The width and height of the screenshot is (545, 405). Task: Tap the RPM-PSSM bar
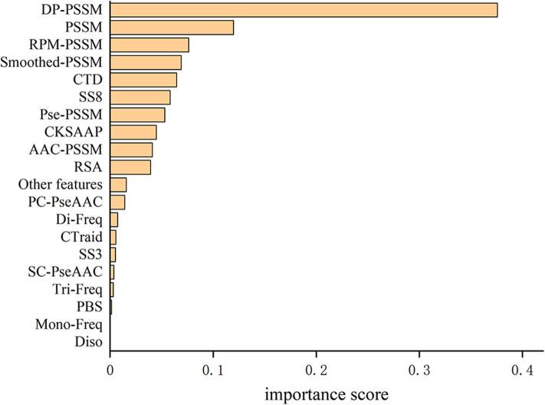point(149,45)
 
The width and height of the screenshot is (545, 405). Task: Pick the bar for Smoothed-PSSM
point(146,62)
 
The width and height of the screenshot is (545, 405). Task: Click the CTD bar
point(143,80)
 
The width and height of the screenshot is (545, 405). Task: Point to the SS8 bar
point(140,97)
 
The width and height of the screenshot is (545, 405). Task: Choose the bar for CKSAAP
point(133,132)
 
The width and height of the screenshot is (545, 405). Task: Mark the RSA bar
point(130,166)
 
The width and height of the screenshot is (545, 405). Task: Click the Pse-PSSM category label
point(77,115)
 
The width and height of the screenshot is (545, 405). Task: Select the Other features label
point(61,185)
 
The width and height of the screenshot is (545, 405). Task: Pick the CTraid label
point(83,237)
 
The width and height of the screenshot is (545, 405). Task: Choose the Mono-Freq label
point(69,324)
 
